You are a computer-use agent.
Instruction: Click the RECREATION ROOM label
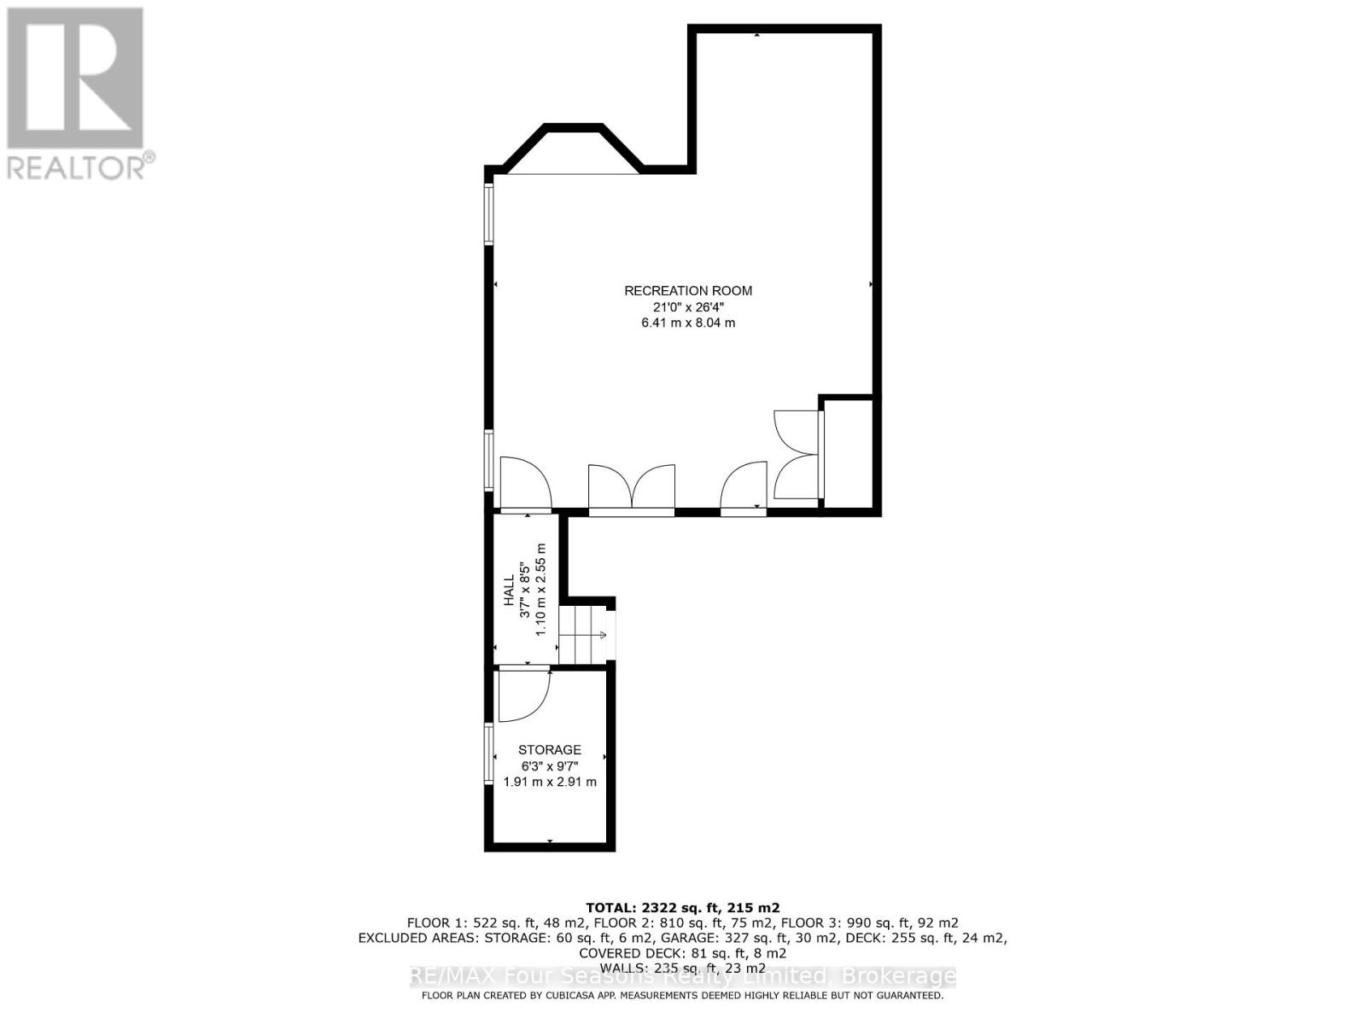688,291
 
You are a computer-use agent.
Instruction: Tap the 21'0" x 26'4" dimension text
688,307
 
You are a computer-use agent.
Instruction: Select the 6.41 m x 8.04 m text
688,323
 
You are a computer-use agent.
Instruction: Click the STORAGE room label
550,750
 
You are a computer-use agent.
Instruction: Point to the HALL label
509,590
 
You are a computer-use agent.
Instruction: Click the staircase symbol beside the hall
585,635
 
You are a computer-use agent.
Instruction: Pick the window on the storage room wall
489,754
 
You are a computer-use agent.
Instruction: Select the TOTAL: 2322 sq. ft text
682,908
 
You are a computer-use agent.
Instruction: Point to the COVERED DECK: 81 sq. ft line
682,953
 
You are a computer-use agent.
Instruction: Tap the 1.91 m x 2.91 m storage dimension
550,782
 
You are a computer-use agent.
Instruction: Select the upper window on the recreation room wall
489,214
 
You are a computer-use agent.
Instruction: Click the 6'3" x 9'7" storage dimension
550,766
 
